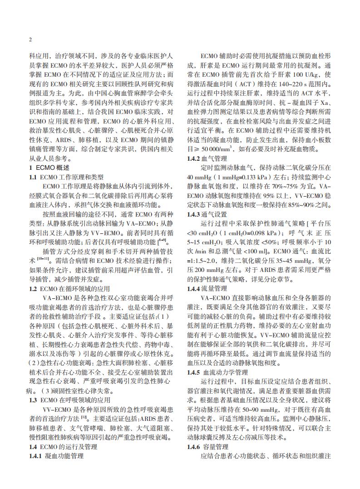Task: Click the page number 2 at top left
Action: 30,40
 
